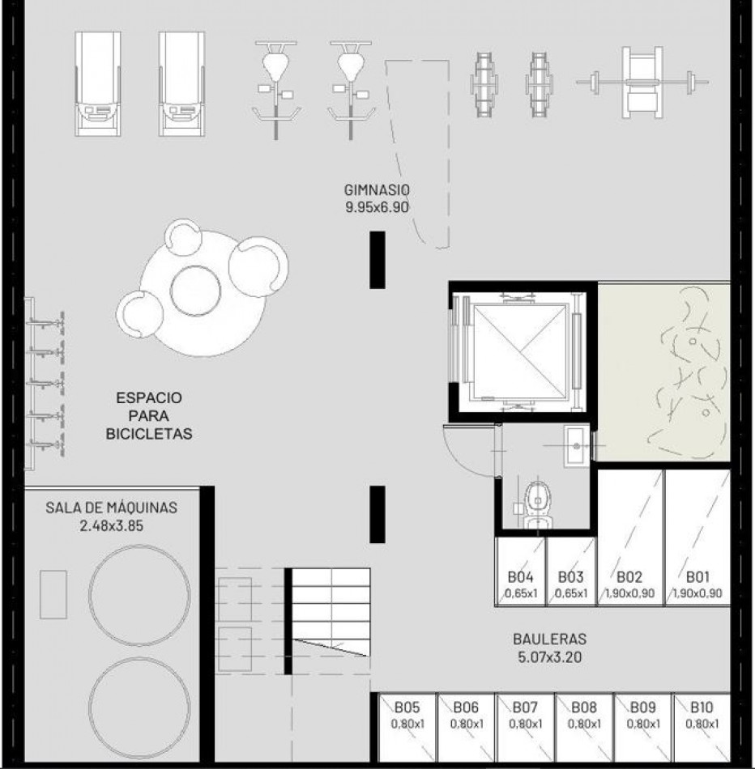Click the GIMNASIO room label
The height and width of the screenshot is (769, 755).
click(377, 190)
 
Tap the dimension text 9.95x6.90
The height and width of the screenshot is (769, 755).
click(377, 206)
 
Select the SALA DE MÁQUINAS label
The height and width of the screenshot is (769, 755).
click(111, 508)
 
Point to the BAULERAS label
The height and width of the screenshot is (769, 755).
click(549, 639)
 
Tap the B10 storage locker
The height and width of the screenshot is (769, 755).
click(702, 716)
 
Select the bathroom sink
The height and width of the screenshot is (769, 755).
click(576, 445)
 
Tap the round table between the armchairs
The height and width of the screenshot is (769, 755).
click(195, 289)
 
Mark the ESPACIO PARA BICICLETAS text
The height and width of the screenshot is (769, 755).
click(149, 416)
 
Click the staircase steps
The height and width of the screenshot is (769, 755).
click(331, 615)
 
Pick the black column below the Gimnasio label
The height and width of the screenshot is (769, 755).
click(377, 259)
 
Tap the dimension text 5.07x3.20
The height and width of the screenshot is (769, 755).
click(549, 656)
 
